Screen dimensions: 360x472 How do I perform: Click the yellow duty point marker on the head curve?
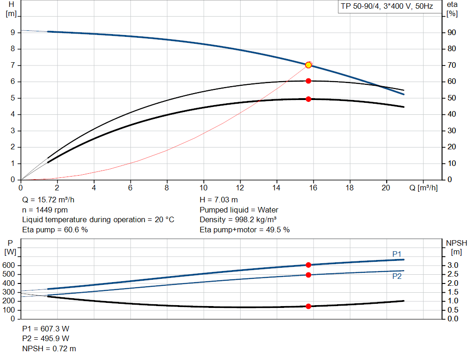point(308,65)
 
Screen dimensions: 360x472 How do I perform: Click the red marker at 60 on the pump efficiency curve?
point(308,81)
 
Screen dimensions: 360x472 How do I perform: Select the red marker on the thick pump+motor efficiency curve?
point(308,99)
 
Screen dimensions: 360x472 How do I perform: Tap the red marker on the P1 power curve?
point(308,265)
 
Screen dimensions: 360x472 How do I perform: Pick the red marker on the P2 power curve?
point(308,275)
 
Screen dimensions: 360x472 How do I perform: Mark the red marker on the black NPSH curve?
point(308,306)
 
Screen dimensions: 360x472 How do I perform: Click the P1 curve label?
point(397,254)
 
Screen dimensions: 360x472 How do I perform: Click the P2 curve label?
point(397,276)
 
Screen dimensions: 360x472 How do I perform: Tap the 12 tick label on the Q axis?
point(240,188)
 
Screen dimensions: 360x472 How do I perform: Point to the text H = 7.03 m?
point(219,200)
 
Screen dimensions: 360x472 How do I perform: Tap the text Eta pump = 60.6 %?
point(55,230)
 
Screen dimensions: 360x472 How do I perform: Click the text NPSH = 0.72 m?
point(49,348)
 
